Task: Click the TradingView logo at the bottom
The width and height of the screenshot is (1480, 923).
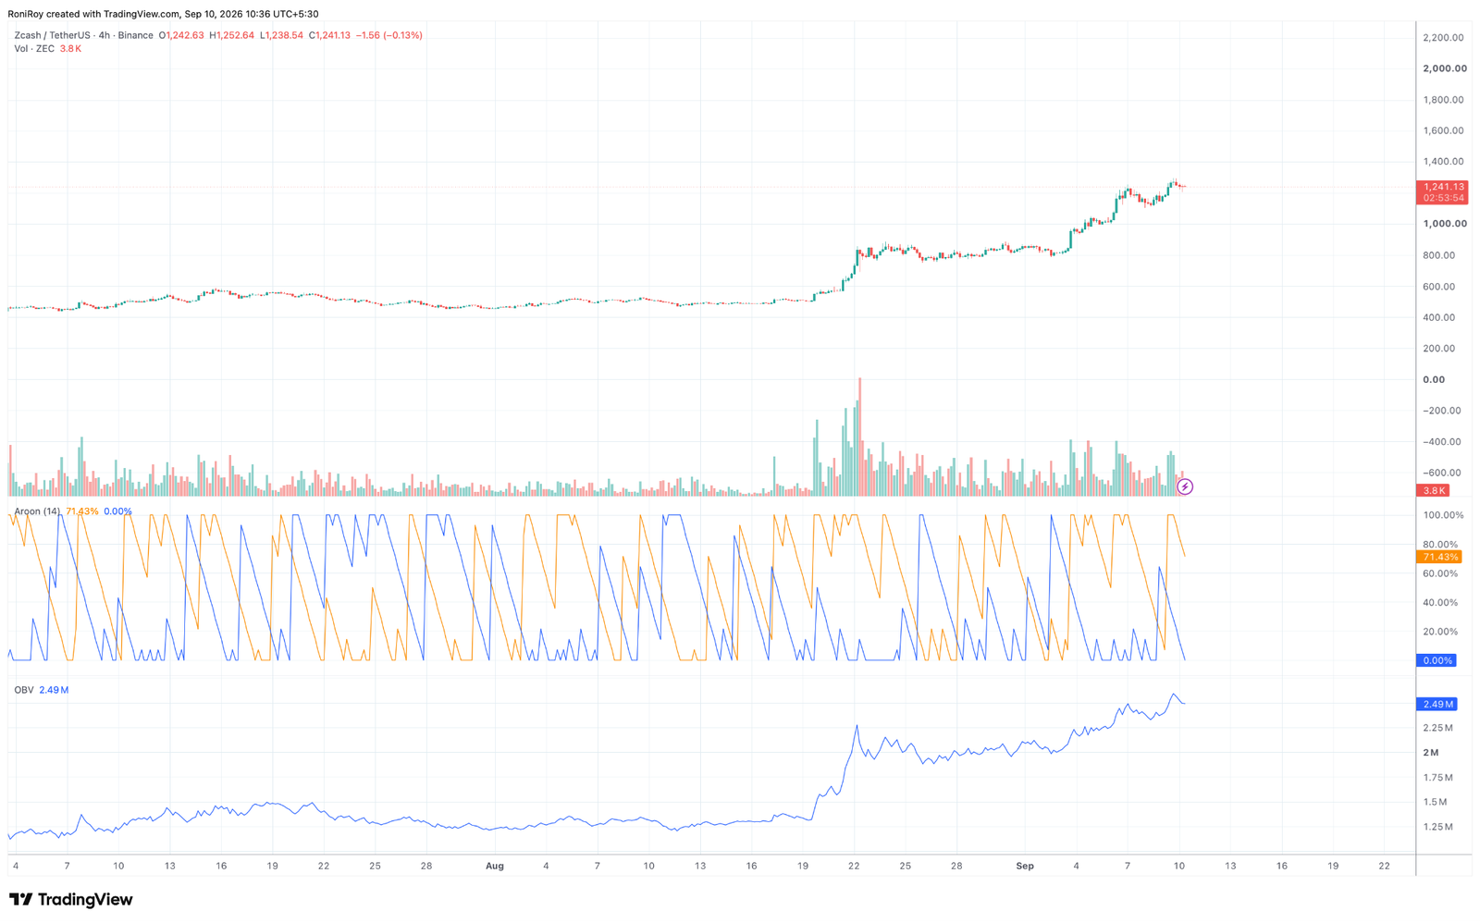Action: pyautogui.click(x=70, y=899)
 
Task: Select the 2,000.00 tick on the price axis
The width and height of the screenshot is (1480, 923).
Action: pyautogui.click(x=1444, y=68)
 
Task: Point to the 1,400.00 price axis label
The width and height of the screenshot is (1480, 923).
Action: pyautogui.click(x=1444, y=162)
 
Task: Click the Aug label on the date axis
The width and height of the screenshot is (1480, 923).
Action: pyautogui.click(x=494, y=866)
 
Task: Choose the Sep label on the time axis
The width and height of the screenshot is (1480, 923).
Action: pyautogui.click(x=1025, y=866)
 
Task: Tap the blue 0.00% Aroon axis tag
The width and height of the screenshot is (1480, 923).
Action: pyautogui.click(x=1437, y=660)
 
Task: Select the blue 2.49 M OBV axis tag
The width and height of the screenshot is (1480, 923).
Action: pyautogui.click(x=1437, y=705)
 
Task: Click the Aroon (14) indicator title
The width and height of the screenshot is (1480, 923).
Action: pyautogui.click(x=37, y=511)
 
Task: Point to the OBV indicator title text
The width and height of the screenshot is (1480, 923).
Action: pyautogui.click(x=24, y=690)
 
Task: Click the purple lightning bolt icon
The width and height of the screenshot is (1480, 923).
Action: pyautogui.click(x=1185, y=487)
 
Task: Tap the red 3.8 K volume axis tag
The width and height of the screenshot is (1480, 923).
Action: pyautogui.click(x=1433, y=490)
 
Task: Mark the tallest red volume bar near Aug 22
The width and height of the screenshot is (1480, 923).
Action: pyautogui.click(x=859, y=437)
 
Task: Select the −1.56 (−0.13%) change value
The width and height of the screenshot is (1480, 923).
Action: pyautogui.click(x=389, y=35)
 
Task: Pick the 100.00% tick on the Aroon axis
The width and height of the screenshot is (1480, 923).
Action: pyautogui.click(x=1443, y=515)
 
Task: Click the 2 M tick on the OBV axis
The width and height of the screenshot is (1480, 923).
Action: pyautogui.click(x=1431, y=753)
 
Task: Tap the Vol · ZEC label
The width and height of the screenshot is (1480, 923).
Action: pyautogui.click(x=34, y=49)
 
